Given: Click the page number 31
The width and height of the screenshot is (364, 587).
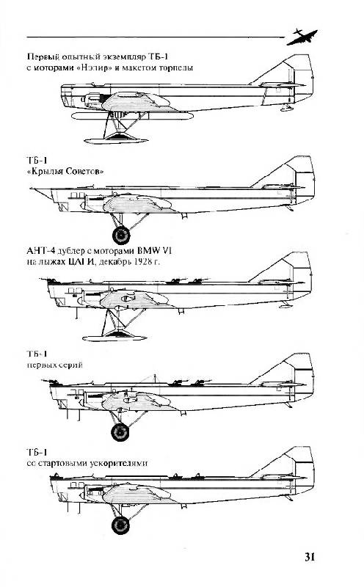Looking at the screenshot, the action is point(310,557).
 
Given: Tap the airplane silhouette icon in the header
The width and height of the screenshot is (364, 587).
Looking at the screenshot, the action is point(302,37).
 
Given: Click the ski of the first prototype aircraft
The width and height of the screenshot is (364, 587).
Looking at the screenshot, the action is point(116,141).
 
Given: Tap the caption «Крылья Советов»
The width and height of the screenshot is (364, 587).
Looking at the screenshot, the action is point(65,172).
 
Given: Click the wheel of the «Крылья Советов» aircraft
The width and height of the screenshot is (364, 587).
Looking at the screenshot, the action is point(121,235).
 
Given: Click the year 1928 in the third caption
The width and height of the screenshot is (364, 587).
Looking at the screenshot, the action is point(141,261).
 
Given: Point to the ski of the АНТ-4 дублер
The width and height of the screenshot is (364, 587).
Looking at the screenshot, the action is point(114,338).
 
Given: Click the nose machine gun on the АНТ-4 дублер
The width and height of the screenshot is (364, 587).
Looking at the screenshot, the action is point(48,280).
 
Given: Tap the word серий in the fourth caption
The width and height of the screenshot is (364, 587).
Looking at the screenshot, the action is point(70,365).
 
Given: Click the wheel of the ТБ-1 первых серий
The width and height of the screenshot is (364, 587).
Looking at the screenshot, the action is point(120,431).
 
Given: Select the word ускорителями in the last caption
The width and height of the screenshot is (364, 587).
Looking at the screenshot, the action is point(119,463).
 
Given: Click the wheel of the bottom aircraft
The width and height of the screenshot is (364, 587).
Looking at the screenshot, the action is point(120,525).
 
